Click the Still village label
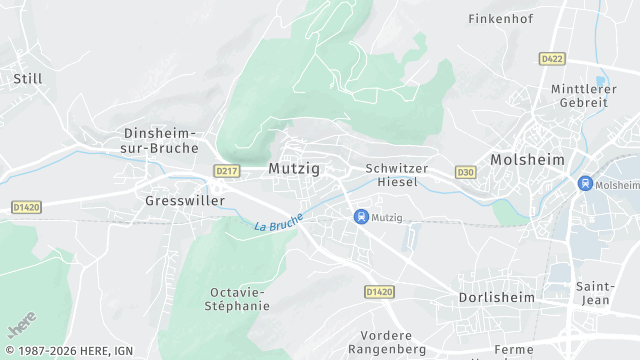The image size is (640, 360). pyautogui.click(x=27, y=78)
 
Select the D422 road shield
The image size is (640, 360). pyautogui.click(x=552, y=59)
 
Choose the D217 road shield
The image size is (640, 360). pyautogui.click(x=226, y=171)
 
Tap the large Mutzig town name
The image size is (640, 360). pyautogui.click(x=294, y=169)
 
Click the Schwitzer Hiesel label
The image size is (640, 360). pyautogui.click(x=397, y=176)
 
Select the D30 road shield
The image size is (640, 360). pyautogui.click(x=465, y=172)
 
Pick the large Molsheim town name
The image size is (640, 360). pyautogui.click(x=527, y=160)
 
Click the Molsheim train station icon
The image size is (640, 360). pyautogui.click(x=585, y=184)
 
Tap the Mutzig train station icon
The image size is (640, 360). pyautogui.click(x=361, y=216)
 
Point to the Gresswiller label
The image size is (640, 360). pyautogui.click(x=184, y=200)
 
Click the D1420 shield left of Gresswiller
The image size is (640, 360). pyautogui.click(x=25, y=207)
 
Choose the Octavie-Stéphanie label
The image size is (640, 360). pyautogui.click(x=239, y=299)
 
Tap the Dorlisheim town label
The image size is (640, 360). pyautogui.click(x=496, y=298)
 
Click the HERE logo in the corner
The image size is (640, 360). pyautogui.click(x=22, y=327)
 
